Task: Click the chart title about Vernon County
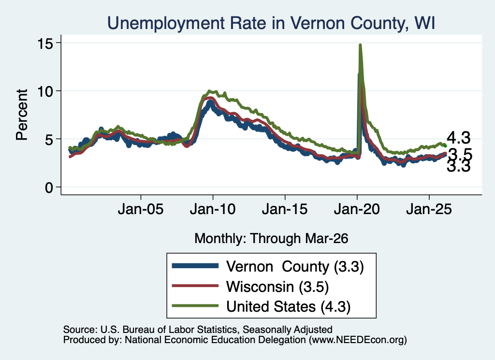271,23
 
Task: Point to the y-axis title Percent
22,115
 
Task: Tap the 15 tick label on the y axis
45,43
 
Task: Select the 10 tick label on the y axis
45,91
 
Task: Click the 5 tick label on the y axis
49,140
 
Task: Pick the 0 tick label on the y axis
49,187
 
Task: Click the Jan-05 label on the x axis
141,209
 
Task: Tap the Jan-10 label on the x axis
213,209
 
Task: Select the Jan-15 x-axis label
285,209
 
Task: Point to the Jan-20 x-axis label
357,209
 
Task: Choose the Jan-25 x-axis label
429,209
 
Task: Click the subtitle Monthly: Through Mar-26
271,239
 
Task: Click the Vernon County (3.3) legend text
295,267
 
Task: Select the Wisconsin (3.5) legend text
277,287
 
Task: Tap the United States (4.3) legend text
288,306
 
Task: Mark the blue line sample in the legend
195,266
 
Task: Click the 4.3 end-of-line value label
458,138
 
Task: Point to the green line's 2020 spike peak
360,45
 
